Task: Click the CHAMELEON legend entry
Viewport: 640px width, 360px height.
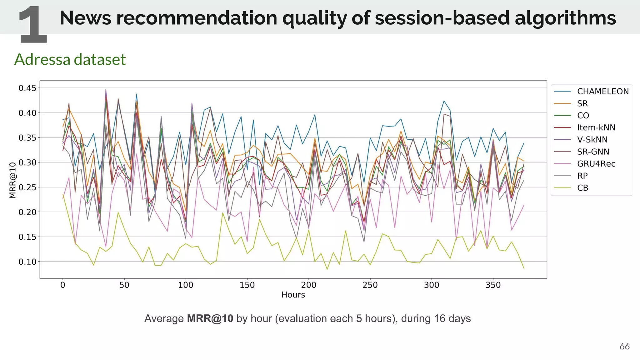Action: [x=602, y=91]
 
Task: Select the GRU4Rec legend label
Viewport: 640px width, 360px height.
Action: [x=596, y=164]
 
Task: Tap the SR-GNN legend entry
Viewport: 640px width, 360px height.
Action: [x=593, y=152]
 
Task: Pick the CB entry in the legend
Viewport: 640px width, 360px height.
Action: [x=582, y=188]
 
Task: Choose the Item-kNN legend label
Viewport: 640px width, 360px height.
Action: [x=596, y=127]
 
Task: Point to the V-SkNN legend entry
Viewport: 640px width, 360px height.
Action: [x=592, y=140]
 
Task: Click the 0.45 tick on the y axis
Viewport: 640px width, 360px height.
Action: [x=27, y=88]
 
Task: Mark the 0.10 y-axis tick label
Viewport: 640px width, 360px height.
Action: [x=27, y=262]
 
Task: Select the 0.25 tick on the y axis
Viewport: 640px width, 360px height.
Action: [x=27, y=187]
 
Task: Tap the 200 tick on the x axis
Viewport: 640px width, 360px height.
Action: [x=308, y=285]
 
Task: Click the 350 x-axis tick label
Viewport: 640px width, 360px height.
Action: [x=493, y=285]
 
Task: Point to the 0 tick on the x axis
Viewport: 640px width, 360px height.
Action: [x=63, y=285]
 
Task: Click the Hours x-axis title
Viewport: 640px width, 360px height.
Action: [x=293, y=295]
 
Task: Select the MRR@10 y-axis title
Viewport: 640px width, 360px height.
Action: [x=12, y=180]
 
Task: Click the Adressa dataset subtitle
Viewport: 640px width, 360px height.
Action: [x=70, y=59]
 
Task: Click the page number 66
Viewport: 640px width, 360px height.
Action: [x=624, y=346]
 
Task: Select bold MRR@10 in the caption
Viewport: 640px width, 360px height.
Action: [x=210, y=318]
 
